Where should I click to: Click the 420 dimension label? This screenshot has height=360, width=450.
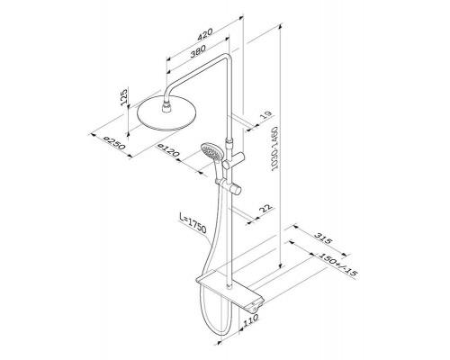[205, 34]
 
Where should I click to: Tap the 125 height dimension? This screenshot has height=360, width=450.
[124, 96]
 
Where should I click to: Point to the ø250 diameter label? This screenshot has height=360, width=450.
[113, 143]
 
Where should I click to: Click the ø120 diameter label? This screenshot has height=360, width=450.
[168, 150]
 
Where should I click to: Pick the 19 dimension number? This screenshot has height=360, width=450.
[265, 115]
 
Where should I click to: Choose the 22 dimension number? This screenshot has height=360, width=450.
[265, 208]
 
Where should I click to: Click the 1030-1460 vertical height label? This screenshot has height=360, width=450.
[274, 148]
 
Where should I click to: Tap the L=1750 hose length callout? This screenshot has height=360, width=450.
[193, 223]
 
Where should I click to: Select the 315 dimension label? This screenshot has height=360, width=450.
[323, 238]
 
